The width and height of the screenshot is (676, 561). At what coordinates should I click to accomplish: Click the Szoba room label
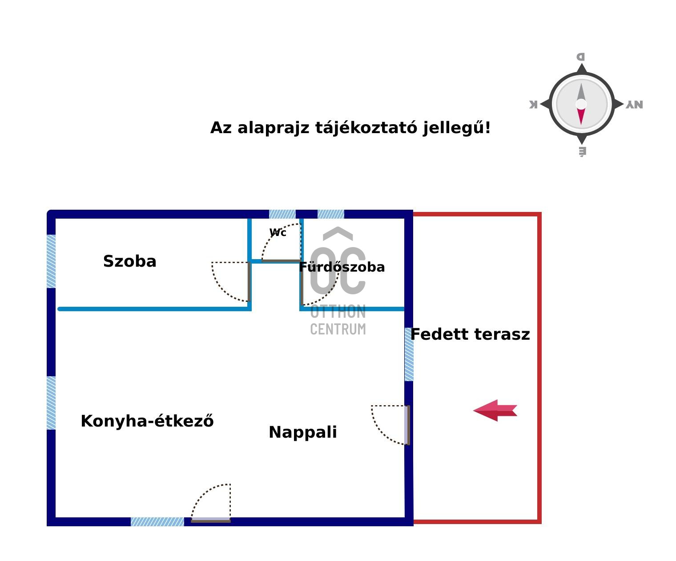[129, 261]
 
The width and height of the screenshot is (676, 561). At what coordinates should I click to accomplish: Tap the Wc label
[278, 232]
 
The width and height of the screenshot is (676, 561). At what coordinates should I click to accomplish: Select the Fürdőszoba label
[342, 267]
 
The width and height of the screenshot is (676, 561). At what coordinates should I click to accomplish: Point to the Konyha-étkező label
[147, 421]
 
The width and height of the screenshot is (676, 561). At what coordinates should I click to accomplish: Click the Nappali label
[303, 432]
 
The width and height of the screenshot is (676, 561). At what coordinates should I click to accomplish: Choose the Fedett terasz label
[470, 334]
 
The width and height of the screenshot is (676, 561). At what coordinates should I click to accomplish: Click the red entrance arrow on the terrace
[495, 411]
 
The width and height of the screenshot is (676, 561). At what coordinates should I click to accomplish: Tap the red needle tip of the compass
[581, 124]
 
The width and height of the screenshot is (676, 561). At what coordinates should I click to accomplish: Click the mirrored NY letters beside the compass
[634, 105]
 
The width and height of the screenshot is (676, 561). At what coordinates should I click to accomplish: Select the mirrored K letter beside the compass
[534, 104]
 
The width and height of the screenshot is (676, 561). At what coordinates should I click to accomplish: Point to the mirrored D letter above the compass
[580, 57]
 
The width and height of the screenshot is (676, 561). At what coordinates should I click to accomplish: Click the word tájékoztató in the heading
[366, 128]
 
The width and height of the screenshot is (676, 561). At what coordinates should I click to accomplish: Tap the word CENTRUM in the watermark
[338, 329]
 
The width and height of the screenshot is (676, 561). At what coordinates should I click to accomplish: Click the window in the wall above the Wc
[282, 214]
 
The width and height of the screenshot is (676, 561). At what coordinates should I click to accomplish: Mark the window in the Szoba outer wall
[51, 261]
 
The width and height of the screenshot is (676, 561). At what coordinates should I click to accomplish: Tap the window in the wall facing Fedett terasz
[409, 354]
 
